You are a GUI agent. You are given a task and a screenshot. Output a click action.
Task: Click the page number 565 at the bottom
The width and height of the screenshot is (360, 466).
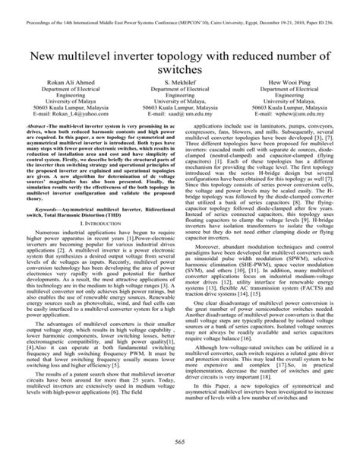pos(180,444)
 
